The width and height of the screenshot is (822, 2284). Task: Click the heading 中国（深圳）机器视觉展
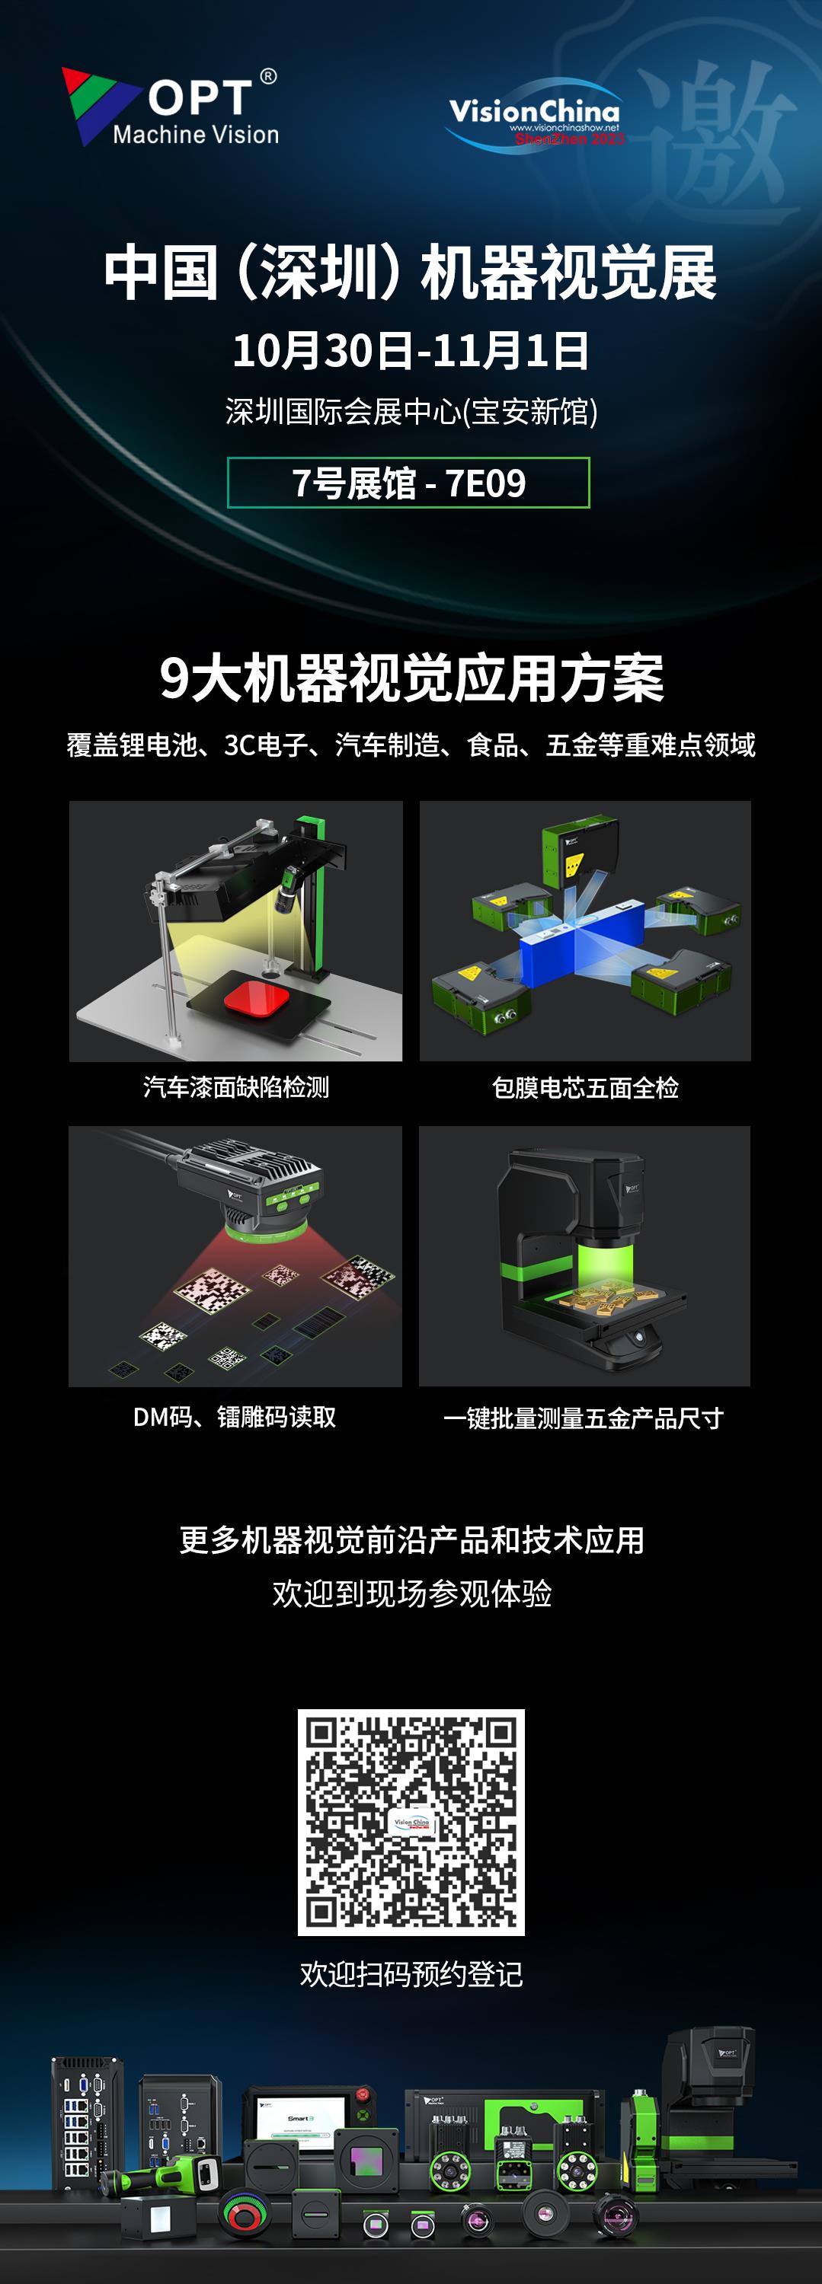[x=410, y=273]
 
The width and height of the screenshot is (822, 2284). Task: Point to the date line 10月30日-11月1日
[x=410, y=350]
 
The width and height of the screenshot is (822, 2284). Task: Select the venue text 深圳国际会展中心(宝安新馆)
[x=411, y=410]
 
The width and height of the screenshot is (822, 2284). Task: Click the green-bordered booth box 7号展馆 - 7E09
[x=409, y=483]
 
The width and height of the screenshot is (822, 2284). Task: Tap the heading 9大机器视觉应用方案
[x=411, y=678]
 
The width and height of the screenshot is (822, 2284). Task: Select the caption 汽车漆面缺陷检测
[x=236, y=1087]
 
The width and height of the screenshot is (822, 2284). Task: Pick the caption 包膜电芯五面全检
[x=585, y=1087]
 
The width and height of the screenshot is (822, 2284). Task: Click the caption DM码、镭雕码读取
[x=235, y=1417]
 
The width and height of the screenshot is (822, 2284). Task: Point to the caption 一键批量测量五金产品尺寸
[x=584, y=1418]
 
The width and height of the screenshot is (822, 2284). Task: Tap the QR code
[x=411, y=1822]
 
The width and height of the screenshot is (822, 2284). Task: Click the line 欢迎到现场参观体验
[x=411, y=1593]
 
